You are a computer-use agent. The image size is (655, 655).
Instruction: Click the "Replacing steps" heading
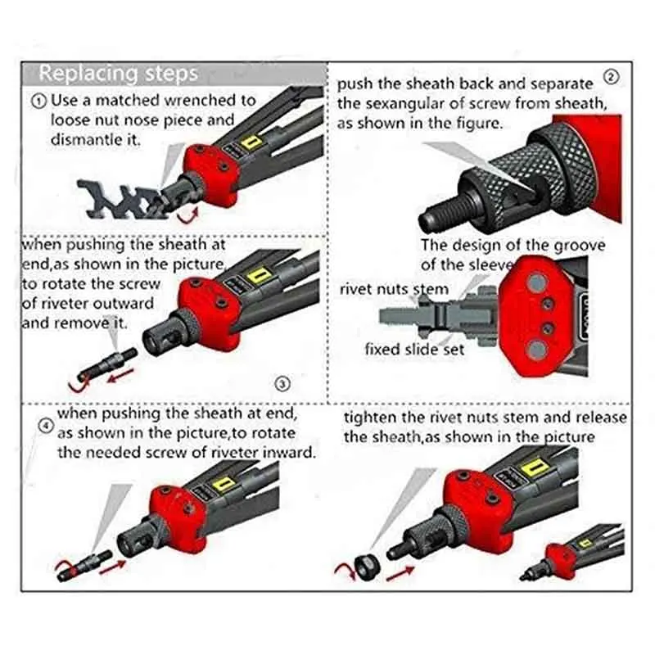click(x=118, y=73)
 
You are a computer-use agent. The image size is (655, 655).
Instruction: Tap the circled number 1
click(x=39, y=102)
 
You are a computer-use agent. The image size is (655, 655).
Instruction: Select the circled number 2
click(x=612, y=77)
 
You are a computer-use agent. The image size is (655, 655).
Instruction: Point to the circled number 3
click(x=282, y=383)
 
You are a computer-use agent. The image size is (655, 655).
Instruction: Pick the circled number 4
click(x=46, y=426)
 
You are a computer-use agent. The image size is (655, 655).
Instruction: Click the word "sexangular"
click(x=402, y=103)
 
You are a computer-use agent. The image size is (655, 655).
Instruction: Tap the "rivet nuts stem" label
click(x=394, y=289)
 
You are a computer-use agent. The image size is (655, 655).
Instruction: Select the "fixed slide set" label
click(x=414, y=349)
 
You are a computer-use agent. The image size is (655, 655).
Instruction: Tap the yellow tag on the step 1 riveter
click(x=251, y=143)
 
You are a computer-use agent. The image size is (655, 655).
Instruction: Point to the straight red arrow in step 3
click(x=120, y=374)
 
